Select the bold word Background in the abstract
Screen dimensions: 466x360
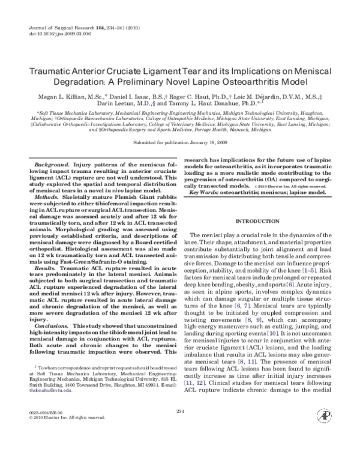pos(51,164)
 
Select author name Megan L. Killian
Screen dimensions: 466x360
pos(61,94)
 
